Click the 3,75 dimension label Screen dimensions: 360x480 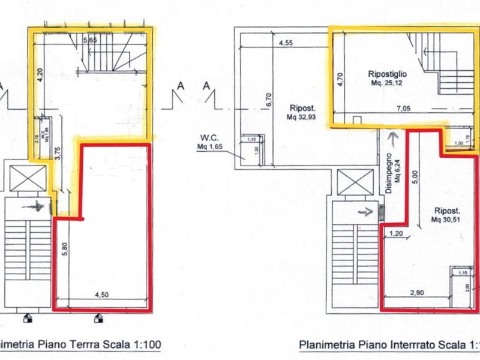tap(58, 152)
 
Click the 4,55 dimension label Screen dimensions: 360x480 tap(286, 43)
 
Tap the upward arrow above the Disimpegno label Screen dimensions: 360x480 tap(392, 139)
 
